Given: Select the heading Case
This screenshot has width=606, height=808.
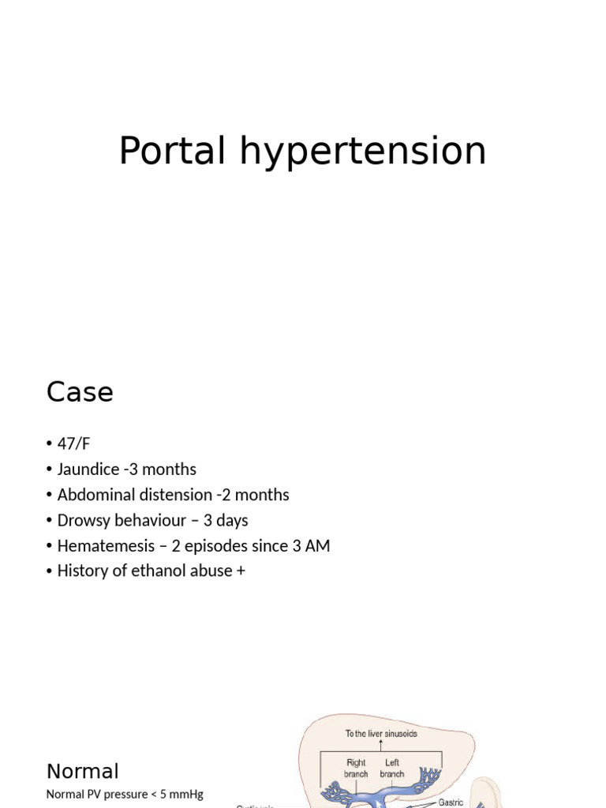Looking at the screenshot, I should pos(80,392).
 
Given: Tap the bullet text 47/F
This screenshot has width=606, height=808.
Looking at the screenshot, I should pos(74,444).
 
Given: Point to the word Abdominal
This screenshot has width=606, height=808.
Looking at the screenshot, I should pos(95,495).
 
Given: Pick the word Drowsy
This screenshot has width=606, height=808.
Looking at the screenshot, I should pos(82,520).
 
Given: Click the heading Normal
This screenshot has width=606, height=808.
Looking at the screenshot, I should pos(83,771).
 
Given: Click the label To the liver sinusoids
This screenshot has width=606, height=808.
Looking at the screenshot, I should pos(381,733).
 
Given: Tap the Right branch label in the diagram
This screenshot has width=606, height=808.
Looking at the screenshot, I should pos(356,769).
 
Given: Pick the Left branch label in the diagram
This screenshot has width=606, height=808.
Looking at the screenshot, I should pos(392,769).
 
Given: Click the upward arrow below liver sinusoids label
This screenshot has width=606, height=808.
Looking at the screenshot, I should pos(381,744).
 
